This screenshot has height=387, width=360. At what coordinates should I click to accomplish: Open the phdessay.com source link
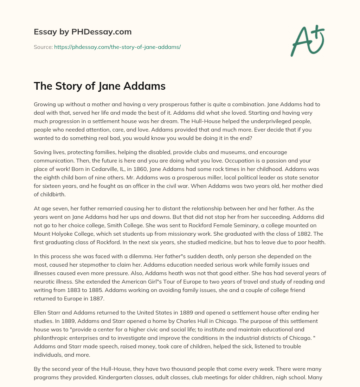coord(117,47)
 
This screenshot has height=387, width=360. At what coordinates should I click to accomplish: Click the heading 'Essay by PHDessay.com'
coord(83,32)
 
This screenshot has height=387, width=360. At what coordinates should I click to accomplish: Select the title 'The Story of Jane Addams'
coord(99,86)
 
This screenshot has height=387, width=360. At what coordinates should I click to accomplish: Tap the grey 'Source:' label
coord(43,47)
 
